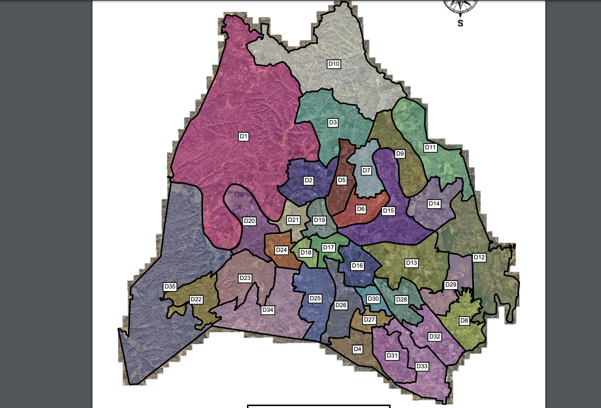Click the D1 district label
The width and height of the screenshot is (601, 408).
coord(243,136)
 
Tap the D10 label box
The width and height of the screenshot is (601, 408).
coord(334,64)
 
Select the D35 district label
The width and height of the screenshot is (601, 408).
coord(170,286)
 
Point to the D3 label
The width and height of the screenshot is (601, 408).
coord(333,122)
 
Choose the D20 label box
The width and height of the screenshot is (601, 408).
coord(249,221)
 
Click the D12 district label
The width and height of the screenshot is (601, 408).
coord(479,257)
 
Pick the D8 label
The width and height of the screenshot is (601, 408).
coord(464,321)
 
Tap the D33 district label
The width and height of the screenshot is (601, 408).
coord(422,366)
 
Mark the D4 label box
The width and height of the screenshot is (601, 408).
coord(357,349)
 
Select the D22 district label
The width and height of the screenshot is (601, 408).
coord(196,299)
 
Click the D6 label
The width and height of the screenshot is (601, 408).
coord(361,209)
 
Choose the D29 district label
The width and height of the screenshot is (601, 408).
coord(451,285)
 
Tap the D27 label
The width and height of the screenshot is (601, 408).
coord(369,319)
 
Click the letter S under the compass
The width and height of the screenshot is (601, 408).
coord(460,23)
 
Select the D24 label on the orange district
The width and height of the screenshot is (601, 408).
coord(281,250)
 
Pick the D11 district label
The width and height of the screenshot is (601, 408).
coord(430,148)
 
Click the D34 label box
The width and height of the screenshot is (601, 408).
coord(268,310)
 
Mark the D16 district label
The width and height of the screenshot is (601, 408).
coord(357,265)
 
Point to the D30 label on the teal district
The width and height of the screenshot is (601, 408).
coord(373,299)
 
